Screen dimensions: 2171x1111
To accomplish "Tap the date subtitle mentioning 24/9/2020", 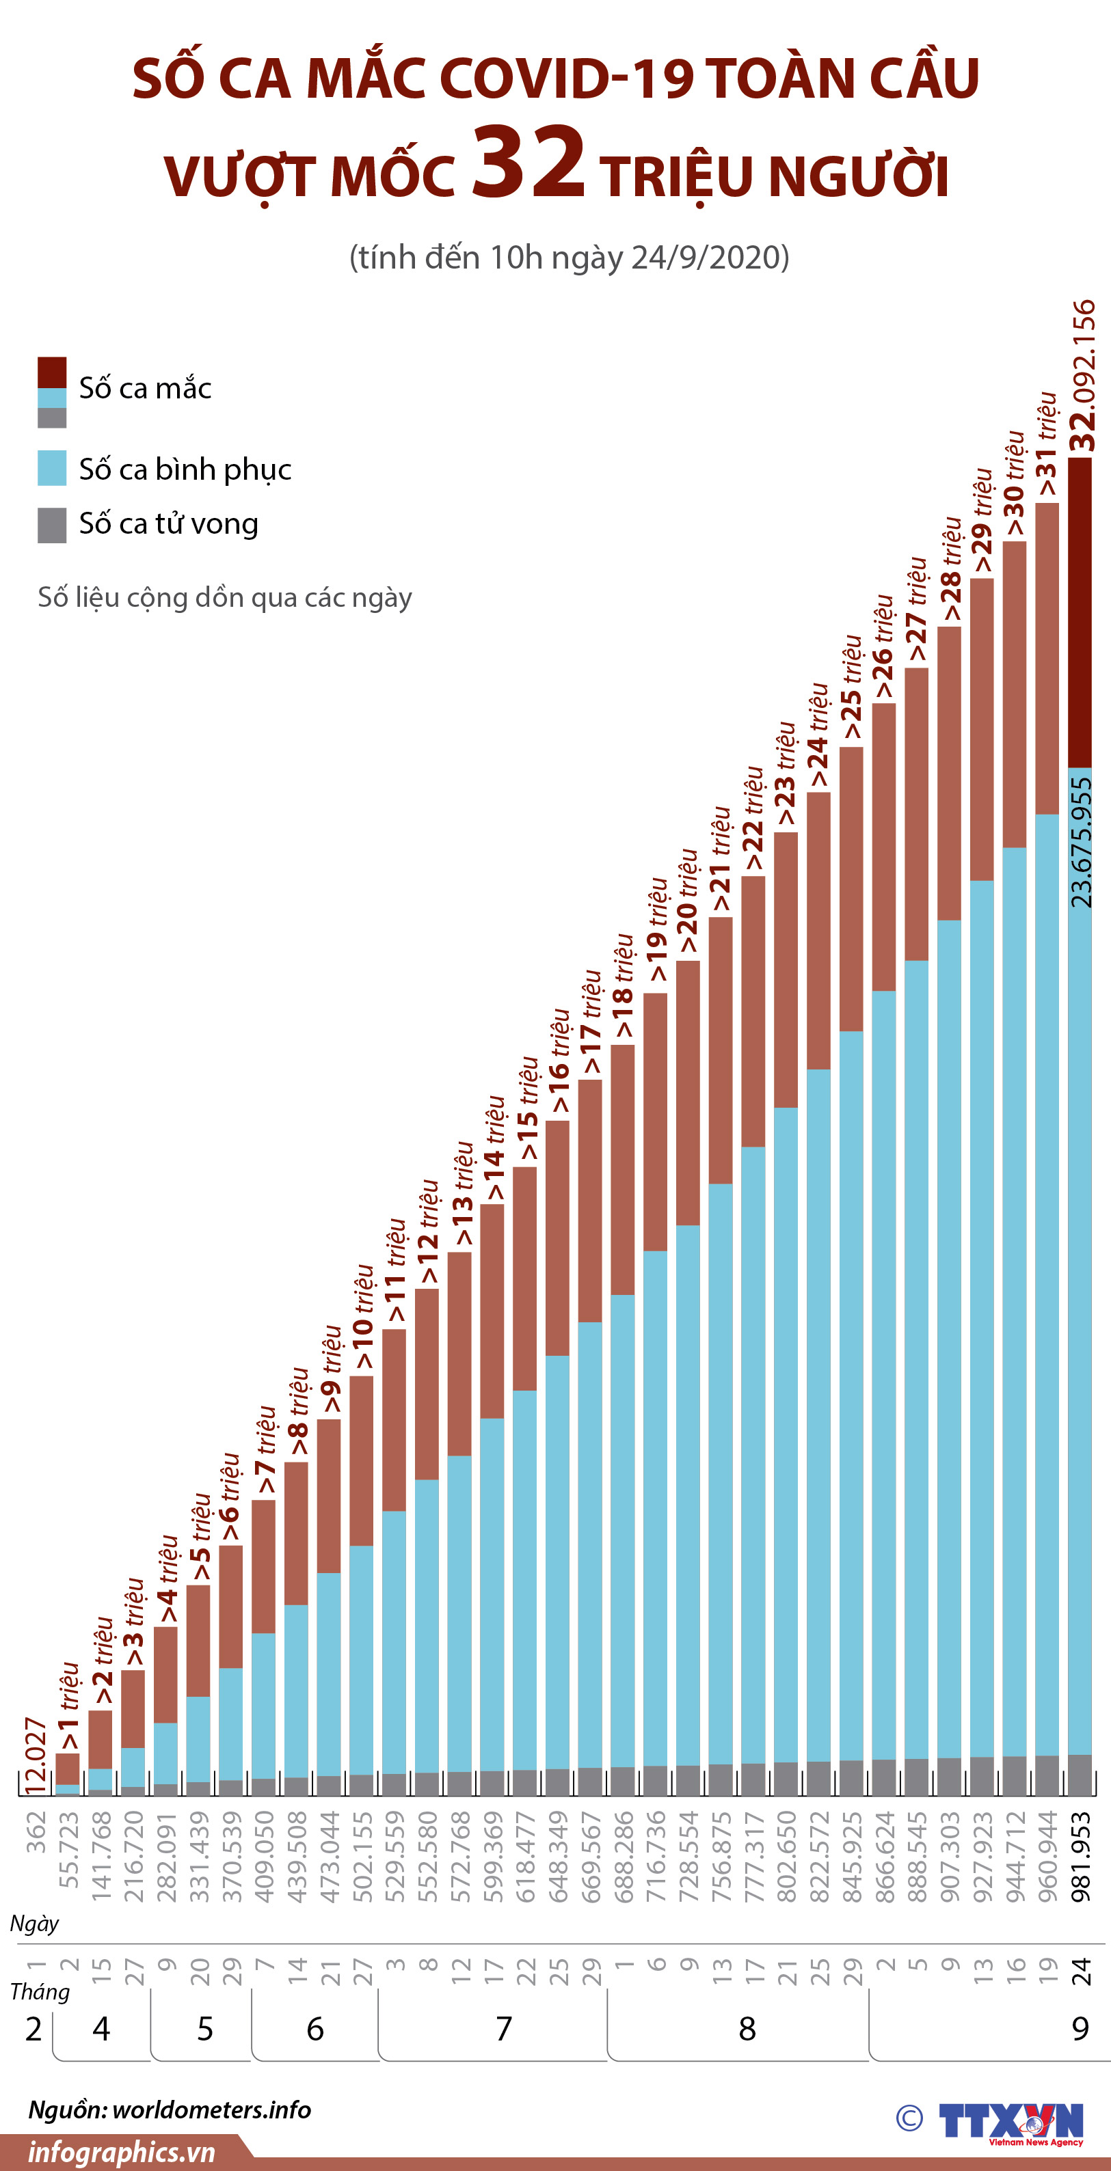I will (x=569, y=257).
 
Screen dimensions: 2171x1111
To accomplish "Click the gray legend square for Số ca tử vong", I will (x=52, y=524).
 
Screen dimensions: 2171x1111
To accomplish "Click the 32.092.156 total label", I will (x=1082, y=376).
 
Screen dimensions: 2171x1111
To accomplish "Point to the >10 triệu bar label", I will (x=362, y=1318).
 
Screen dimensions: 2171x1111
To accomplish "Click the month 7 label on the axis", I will (x=503, y=2029).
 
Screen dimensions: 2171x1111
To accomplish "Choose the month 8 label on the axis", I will (x=747, y=2029).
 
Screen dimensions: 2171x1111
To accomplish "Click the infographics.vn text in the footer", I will (x=122, y=2152).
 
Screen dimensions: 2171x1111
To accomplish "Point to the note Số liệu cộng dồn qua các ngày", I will (x=225, y=597).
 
